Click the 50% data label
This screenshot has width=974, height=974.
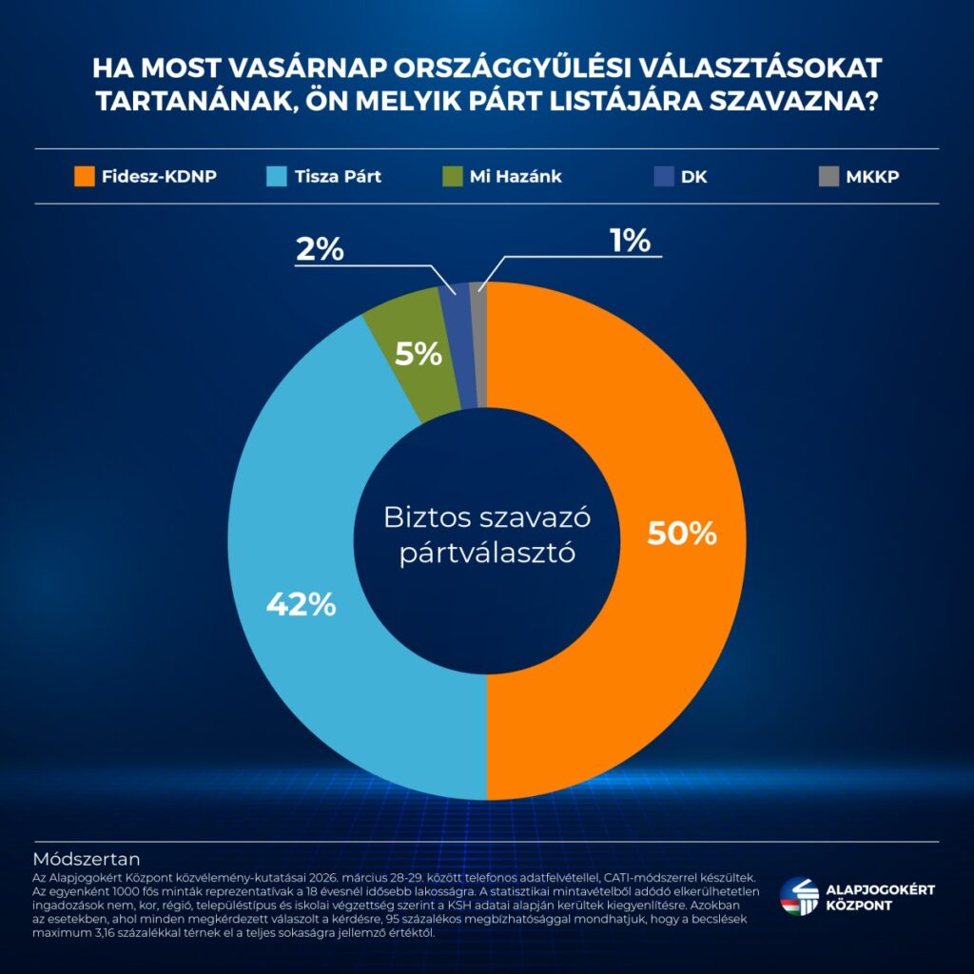pyautogui.click(x=681, y=534)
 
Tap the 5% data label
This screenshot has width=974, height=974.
pyautogui.click(x=419, y=355)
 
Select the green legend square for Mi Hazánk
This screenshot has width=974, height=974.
pyautogui.click(x=454, y=176)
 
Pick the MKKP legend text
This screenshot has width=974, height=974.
pyautogui.click(x=873, y=176)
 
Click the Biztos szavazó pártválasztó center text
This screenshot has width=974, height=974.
pyautogui.click(x=487, y=535)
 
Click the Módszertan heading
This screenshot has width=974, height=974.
pyautogui.click(x=88, y=855)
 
